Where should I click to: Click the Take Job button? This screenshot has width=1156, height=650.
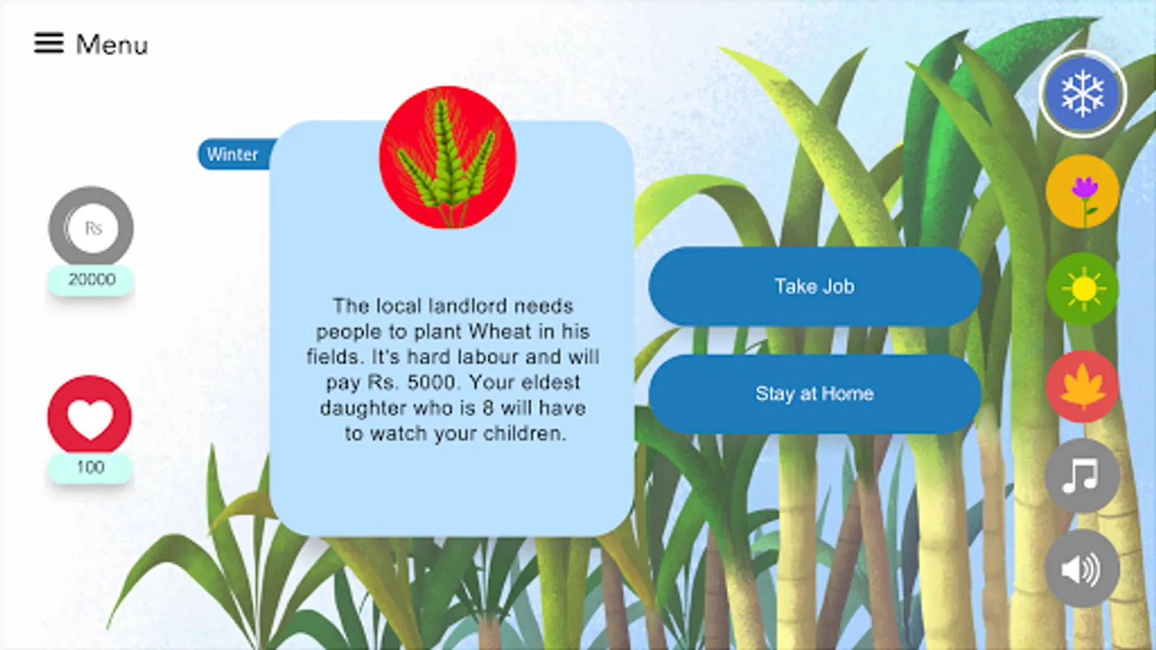pos(815,286)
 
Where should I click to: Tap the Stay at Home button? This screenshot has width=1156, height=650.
pos(815,394)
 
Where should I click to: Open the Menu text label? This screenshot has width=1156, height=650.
pos(112,44)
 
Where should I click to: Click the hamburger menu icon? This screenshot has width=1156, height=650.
pos(49,43)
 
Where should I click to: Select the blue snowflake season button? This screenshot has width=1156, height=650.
pos(1082,94)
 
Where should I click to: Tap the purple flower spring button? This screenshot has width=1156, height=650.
pos(1082,191)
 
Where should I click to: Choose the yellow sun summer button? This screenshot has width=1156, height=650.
pos(1082,289)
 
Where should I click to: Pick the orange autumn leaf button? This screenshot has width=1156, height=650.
pos(1082,386)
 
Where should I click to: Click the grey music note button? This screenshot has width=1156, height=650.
pos(1082,476)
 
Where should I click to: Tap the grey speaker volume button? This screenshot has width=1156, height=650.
pos(1082,568)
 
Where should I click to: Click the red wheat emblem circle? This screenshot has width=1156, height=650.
pos(447,157)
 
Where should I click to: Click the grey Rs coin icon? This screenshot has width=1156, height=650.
pos(91,227)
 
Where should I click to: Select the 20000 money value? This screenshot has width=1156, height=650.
pos(92,279)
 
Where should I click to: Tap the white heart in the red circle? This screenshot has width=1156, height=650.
pos(90,419)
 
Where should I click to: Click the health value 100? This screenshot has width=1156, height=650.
pos(90,467)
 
